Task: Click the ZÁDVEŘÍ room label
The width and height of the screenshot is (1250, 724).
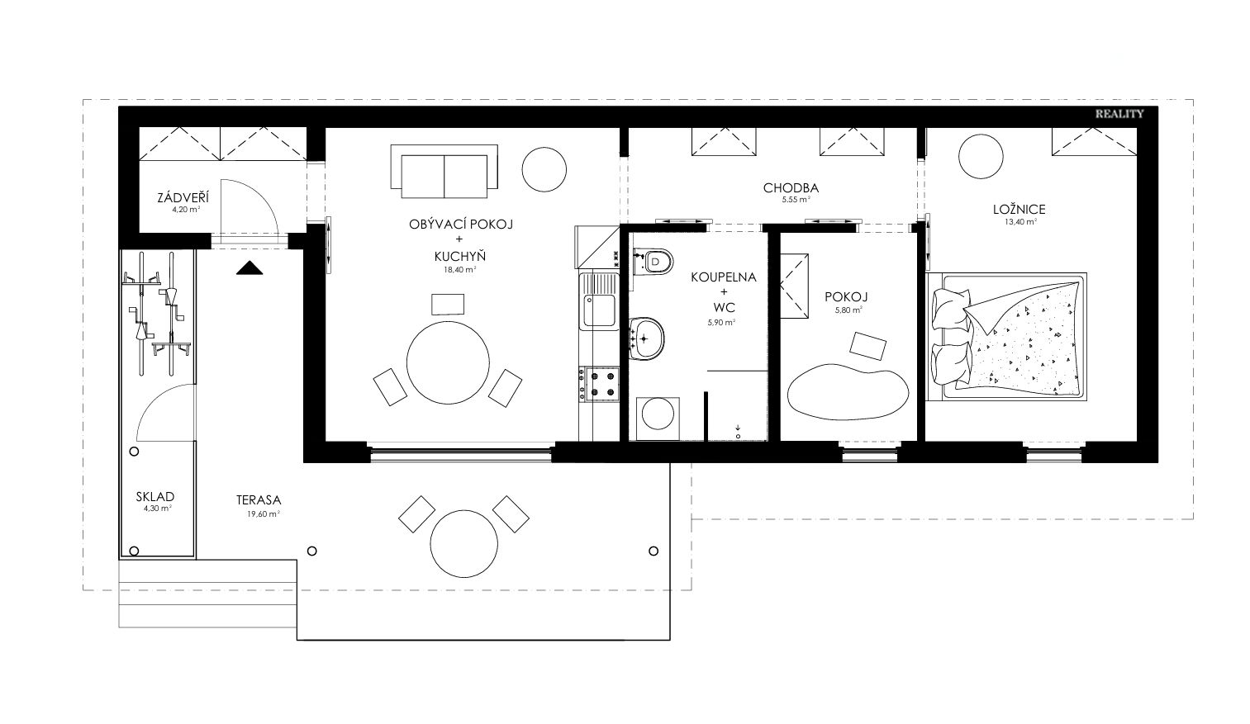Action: (x=183, y=197)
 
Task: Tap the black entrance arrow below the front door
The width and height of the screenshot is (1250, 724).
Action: (x=250, y=268)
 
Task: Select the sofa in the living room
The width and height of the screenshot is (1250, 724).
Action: (x=444, y=171)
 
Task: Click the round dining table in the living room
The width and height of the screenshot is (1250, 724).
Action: (x=448, y=362)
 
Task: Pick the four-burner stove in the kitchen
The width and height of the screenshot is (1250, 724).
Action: (x=599, y=384)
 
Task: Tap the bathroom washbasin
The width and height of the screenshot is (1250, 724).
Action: (x=646, y=338)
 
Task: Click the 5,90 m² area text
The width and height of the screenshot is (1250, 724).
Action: (x=721, y=322)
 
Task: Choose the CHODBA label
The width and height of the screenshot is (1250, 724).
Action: (x=791, y=188)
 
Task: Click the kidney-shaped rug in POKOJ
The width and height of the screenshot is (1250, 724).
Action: (x=848, y=391)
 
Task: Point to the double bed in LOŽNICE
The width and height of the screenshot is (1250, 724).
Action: (x=1006, y=336)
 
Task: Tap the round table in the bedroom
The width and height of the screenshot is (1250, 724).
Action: (x=981, y=157)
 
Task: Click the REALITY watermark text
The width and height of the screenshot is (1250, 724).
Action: (x=1119, y=114)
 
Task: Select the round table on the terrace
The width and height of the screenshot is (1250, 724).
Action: (x=463, y=544)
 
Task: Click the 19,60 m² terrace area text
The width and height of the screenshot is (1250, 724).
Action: (x=264, y=513)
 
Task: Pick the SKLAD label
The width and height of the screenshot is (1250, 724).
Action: (x=155, y=496)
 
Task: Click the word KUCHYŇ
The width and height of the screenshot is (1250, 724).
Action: (x=460, y=257)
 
